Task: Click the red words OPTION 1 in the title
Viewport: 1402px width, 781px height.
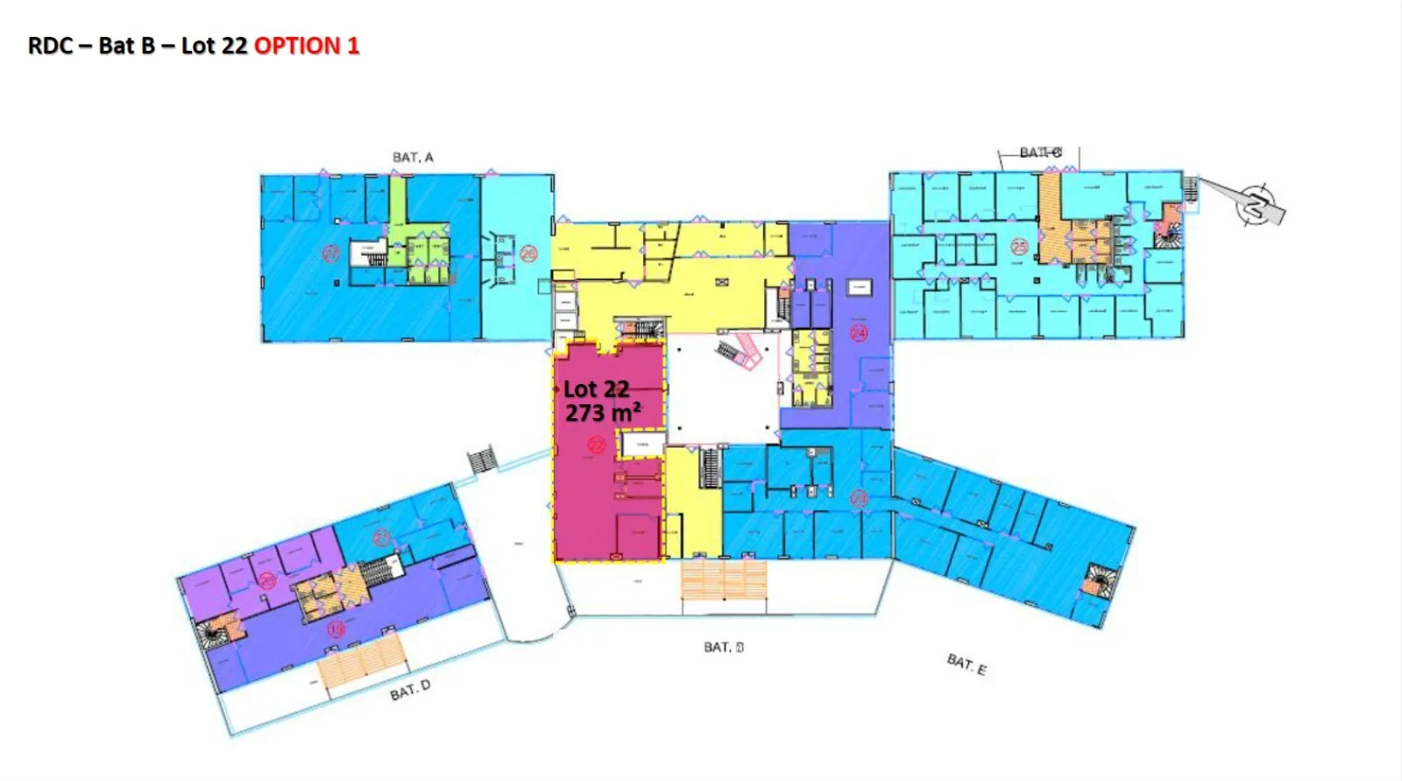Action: click(x=307, y=46)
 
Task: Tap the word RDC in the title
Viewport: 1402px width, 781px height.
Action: click(x=50, y=46)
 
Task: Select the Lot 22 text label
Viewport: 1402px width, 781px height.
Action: click(x=596, y=389)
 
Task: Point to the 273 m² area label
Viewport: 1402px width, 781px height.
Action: click(x=602, y=412)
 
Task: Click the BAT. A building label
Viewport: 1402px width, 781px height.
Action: click(x=413, y=157)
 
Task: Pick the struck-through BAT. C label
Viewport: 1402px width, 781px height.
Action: click(x=1040, y=153)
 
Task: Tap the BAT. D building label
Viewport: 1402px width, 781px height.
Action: click(x=410, y=691)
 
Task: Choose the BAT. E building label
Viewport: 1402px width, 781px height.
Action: click(x=967, y=664)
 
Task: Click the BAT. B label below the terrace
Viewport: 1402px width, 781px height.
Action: click(x=724, y=647)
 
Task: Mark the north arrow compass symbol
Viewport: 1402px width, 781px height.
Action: click(x=1257, y=204)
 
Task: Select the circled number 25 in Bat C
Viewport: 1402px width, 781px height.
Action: click(x=1019, y=247)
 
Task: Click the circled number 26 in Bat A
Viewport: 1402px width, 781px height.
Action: click(x=528, y=254)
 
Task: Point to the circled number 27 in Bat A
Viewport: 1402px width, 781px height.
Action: click(x=330, y=254)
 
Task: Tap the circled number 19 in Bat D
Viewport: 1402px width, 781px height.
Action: click(x=336, y=628)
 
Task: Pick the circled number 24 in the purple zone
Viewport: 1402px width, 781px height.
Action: click(x=859, y=332)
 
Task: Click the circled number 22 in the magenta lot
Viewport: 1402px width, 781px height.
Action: click(x=596, y=445)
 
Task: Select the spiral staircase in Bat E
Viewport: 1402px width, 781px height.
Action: click(x=1095, y=581)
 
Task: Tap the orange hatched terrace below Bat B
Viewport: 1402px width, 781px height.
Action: click(x=724, y=580)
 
